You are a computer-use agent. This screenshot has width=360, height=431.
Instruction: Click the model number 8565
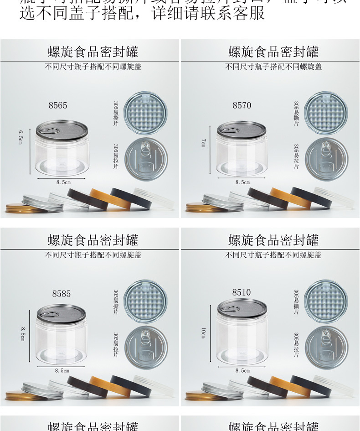coord(58,105)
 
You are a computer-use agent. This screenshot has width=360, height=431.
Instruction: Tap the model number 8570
coord(242,105)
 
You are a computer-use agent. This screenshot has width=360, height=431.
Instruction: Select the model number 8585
coord(62,294)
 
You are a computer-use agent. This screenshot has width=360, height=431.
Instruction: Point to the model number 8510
coord(242,292)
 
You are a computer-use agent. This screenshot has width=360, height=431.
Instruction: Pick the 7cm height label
coord(203,143)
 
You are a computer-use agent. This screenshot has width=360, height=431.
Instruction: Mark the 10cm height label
coord(203,333)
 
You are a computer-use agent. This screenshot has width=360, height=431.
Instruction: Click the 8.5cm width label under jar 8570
coord(242,182)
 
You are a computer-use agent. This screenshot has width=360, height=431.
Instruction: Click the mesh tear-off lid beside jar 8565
coord(146,112)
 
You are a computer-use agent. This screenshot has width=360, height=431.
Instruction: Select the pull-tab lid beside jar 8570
coord(326,159)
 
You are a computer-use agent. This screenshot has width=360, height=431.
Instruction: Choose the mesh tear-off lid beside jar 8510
coord(326,301)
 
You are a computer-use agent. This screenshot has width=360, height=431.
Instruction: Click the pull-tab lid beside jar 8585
coord(146,347)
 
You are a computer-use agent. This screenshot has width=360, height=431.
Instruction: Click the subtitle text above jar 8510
coord(273,255)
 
